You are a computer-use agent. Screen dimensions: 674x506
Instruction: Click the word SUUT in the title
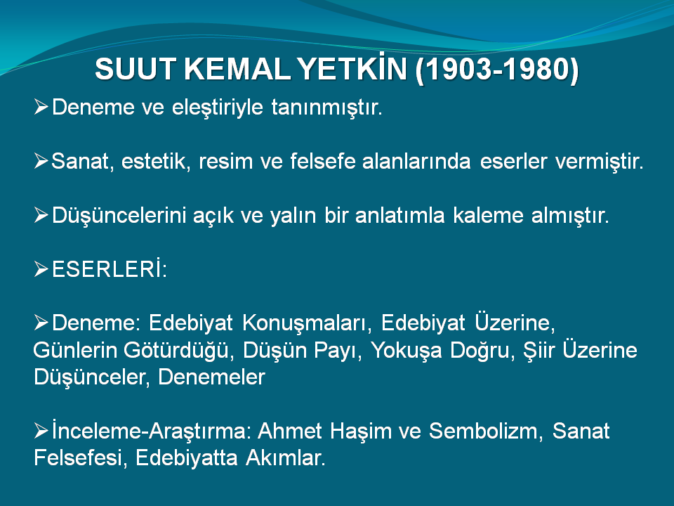point(136,69)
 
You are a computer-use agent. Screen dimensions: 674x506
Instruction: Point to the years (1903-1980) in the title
point(497,69)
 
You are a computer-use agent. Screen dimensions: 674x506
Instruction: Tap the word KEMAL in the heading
point(237,69)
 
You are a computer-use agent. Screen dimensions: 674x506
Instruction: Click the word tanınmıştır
point(326,108)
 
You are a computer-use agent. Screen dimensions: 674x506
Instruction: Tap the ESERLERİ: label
point(110,269)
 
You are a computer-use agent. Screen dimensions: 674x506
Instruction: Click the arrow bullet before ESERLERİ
point(41,269)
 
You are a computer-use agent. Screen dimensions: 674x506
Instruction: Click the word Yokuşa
point(407,351)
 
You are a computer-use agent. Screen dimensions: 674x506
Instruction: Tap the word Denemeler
point(211,377)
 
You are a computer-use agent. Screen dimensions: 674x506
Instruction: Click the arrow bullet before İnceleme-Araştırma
point(41,431)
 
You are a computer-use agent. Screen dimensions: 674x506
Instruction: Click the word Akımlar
point(286,458)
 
